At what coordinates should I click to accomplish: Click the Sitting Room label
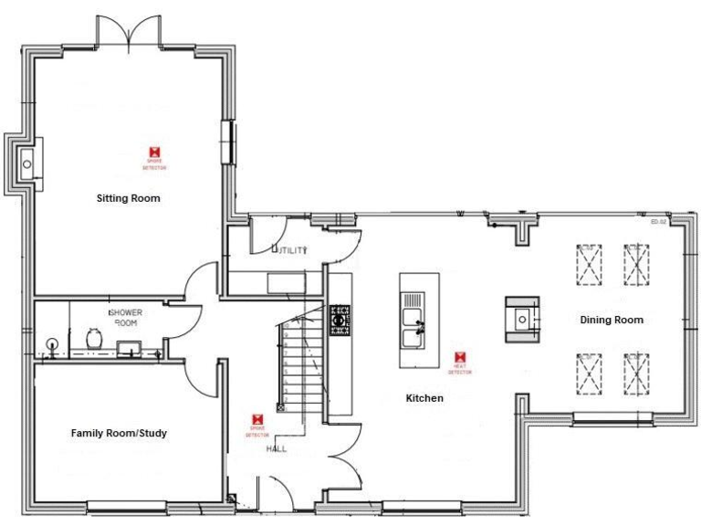point(129,197)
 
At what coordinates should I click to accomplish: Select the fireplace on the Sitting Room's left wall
point(25,164)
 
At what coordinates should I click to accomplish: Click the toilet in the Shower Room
point(92,339)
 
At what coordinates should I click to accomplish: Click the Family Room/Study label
point(119,433)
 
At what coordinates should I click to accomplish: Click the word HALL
point(277,450)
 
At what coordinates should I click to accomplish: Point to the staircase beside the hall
point(301,365)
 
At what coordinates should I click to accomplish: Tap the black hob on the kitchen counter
point(340,320)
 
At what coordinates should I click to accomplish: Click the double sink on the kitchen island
point(413,327)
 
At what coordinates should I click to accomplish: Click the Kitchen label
point(424,398)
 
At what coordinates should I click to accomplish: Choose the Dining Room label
point(612,320)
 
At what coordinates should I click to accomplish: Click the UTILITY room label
point(292,249)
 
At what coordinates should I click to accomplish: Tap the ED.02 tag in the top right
point(659,222)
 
